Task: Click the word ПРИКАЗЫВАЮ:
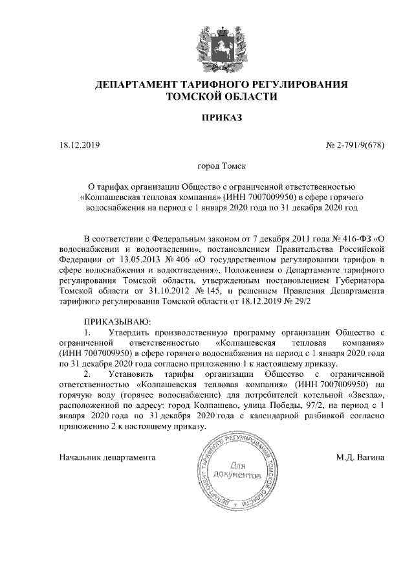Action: [x=117, y=321]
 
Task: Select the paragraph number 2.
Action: [x=89, y=374]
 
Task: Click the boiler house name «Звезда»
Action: [x=366, y=394]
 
